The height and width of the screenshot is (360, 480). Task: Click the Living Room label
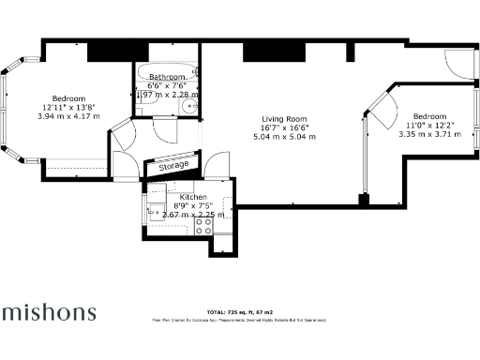[x=284, y=119]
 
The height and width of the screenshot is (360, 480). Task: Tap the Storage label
[x=173, y=166]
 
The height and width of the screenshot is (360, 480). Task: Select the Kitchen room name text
[x=180, y=197]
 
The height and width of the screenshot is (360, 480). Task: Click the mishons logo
[x=48, y=311]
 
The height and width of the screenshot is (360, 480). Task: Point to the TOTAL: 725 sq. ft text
[x=239, y=311]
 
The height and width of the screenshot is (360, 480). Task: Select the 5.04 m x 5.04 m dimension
[x=284, y=136]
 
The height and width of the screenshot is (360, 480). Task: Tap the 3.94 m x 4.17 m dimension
[x=68, y=116]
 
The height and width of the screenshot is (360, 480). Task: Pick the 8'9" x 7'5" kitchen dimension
[x=180, y=205]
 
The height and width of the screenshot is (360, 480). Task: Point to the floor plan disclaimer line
[x=239, y=320]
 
